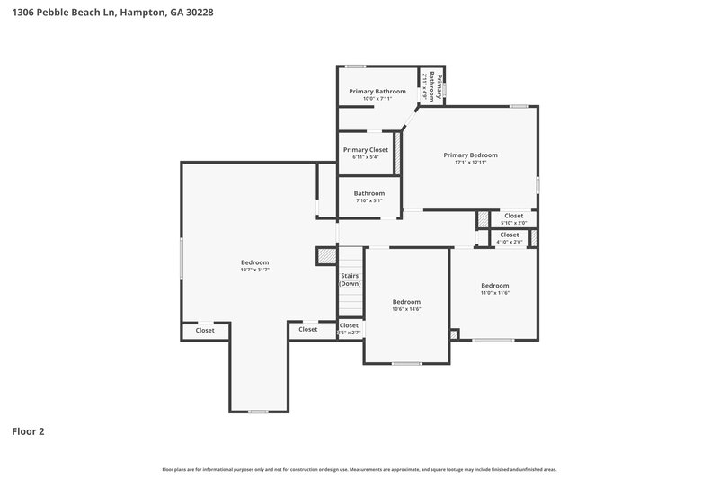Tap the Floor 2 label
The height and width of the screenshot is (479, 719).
(28, 431)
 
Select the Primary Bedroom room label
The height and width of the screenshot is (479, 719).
(470, 155)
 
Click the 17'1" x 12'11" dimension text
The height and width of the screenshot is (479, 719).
(470, 163)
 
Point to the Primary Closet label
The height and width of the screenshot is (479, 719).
(365, 149)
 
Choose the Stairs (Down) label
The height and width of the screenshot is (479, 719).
(350, 279)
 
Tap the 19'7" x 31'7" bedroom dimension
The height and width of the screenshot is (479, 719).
(254, 270)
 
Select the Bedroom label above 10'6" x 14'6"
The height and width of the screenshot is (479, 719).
(406, 301)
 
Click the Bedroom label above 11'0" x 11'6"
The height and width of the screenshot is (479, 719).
(494, 285)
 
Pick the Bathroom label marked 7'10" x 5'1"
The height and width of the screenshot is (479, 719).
(368, 193)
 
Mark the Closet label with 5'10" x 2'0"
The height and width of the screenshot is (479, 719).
(513, 216)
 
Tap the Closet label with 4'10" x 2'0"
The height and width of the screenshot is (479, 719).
(510, 235)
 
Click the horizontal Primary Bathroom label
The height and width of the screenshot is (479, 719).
(377, 91)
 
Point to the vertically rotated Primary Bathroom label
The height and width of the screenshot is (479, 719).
(432, 86)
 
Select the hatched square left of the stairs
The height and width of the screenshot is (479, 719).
(325, 256)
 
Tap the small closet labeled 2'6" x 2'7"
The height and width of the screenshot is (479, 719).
(349, 328)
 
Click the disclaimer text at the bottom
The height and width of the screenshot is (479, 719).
(359, 469)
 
